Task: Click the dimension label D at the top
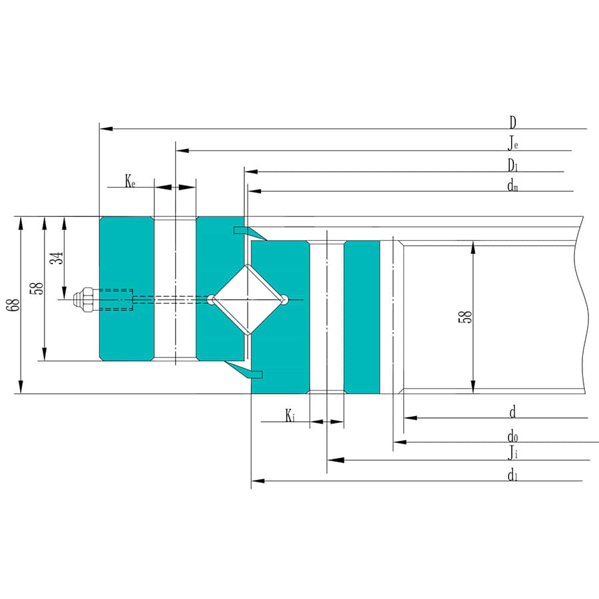tap(512, 122)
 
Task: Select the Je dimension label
tap(512, 143)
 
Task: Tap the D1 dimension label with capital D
tap(512, 165)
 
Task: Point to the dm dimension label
tap(512, 186)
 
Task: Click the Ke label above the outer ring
tap(130, 180)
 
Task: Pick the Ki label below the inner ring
tap(290, 416)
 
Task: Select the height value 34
tap(57, 258)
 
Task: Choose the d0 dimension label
tap(512, 437)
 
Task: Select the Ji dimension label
tap(512, 454)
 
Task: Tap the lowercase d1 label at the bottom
tap(512, 475)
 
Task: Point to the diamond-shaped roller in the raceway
tap(248, 299)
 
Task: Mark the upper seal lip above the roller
tap(250, 232)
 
